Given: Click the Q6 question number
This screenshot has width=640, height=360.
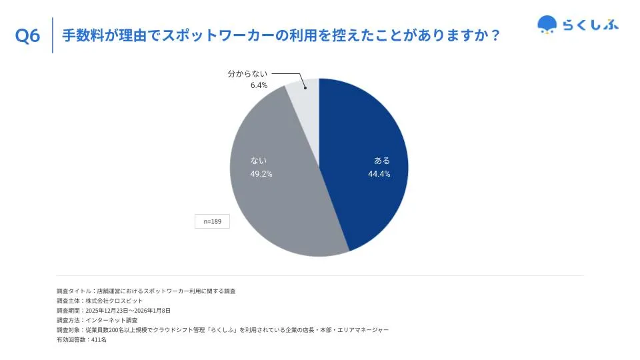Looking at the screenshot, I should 28,36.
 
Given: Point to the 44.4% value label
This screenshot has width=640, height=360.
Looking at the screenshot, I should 379,174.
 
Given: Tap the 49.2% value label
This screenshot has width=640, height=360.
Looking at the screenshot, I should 261,174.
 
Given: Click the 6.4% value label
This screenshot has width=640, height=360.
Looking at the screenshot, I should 259,85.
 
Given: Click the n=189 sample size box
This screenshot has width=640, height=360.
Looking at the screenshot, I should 212,221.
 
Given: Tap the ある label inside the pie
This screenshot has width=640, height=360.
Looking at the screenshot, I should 382,161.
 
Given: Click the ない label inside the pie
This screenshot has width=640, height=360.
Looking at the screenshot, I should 259,161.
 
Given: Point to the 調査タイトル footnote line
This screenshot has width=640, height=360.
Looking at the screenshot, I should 146,291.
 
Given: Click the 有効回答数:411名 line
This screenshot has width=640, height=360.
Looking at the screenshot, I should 81,339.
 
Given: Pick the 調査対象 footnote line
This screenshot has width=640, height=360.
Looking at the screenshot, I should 223,330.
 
